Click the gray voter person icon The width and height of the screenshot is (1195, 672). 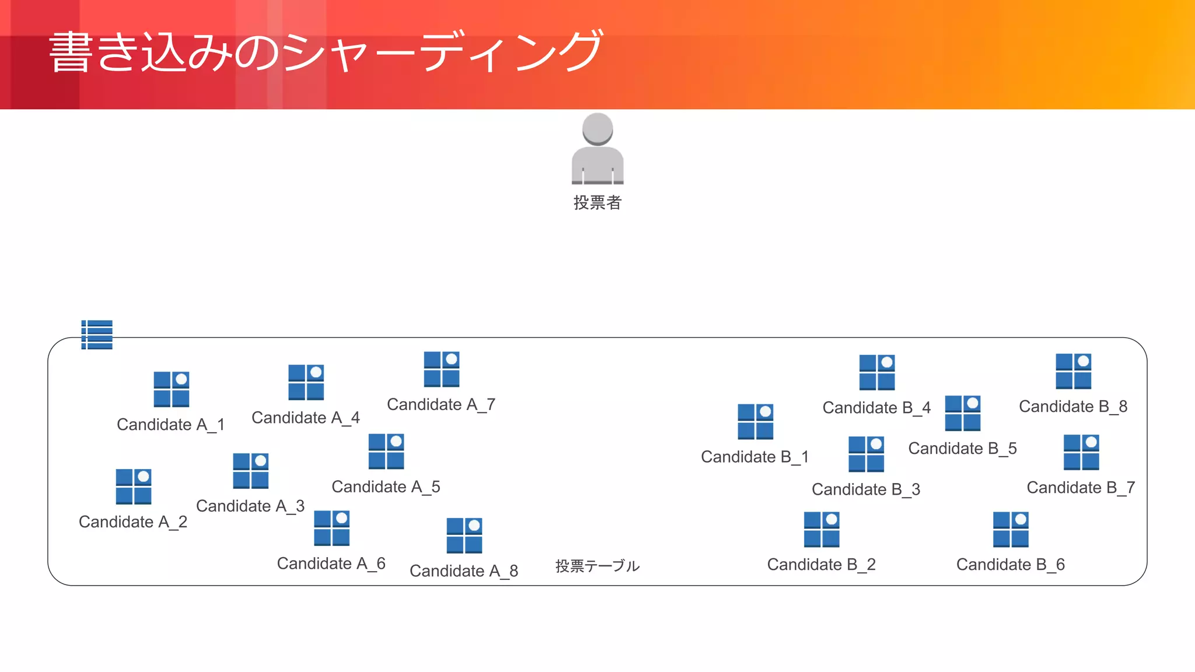[x=597, y=149]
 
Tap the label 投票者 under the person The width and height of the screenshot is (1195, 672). [x=597, y=202]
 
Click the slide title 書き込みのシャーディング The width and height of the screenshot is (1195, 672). [x=326, y=52]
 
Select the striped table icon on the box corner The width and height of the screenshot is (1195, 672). [x=97, y=334]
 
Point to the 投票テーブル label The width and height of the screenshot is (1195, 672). [x=597, y=565]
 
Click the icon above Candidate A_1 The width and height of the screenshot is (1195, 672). [x=172, y=389]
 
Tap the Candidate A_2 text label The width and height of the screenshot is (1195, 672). [x=133, y=521]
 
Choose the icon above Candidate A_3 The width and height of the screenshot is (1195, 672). [x=251, y=471]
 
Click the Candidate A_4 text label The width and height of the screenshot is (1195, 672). [x=306, y=418]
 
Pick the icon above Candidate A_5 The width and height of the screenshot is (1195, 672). [x=386, y=452]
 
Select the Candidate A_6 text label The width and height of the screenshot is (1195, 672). [x=331, y=563]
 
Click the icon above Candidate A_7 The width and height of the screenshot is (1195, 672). [x=442, y=369]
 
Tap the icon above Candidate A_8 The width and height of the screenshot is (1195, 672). [x=464, y=535]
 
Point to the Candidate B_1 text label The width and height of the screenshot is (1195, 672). [x=755, y=457]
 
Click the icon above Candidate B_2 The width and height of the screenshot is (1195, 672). [x=822, y=530]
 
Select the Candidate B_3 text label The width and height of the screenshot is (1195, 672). [x=866, y=489]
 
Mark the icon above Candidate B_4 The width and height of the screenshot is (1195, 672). [x=877, y=372]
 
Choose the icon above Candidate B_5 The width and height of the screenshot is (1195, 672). [x=963, y=413]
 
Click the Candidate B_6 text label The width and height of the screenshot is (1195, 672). [x=1011, y=565]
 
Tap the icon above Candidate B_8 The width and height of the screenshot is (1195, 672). [x=1074, y=371]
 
